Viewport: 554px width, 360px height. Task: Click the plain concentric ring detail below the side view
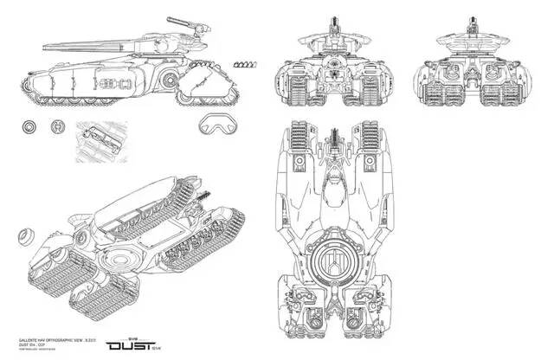pyautogui.click(x=29, y=127)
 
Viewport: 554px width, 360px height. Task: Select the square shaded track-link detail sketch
pyautogui.click(x=101, y=139)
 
